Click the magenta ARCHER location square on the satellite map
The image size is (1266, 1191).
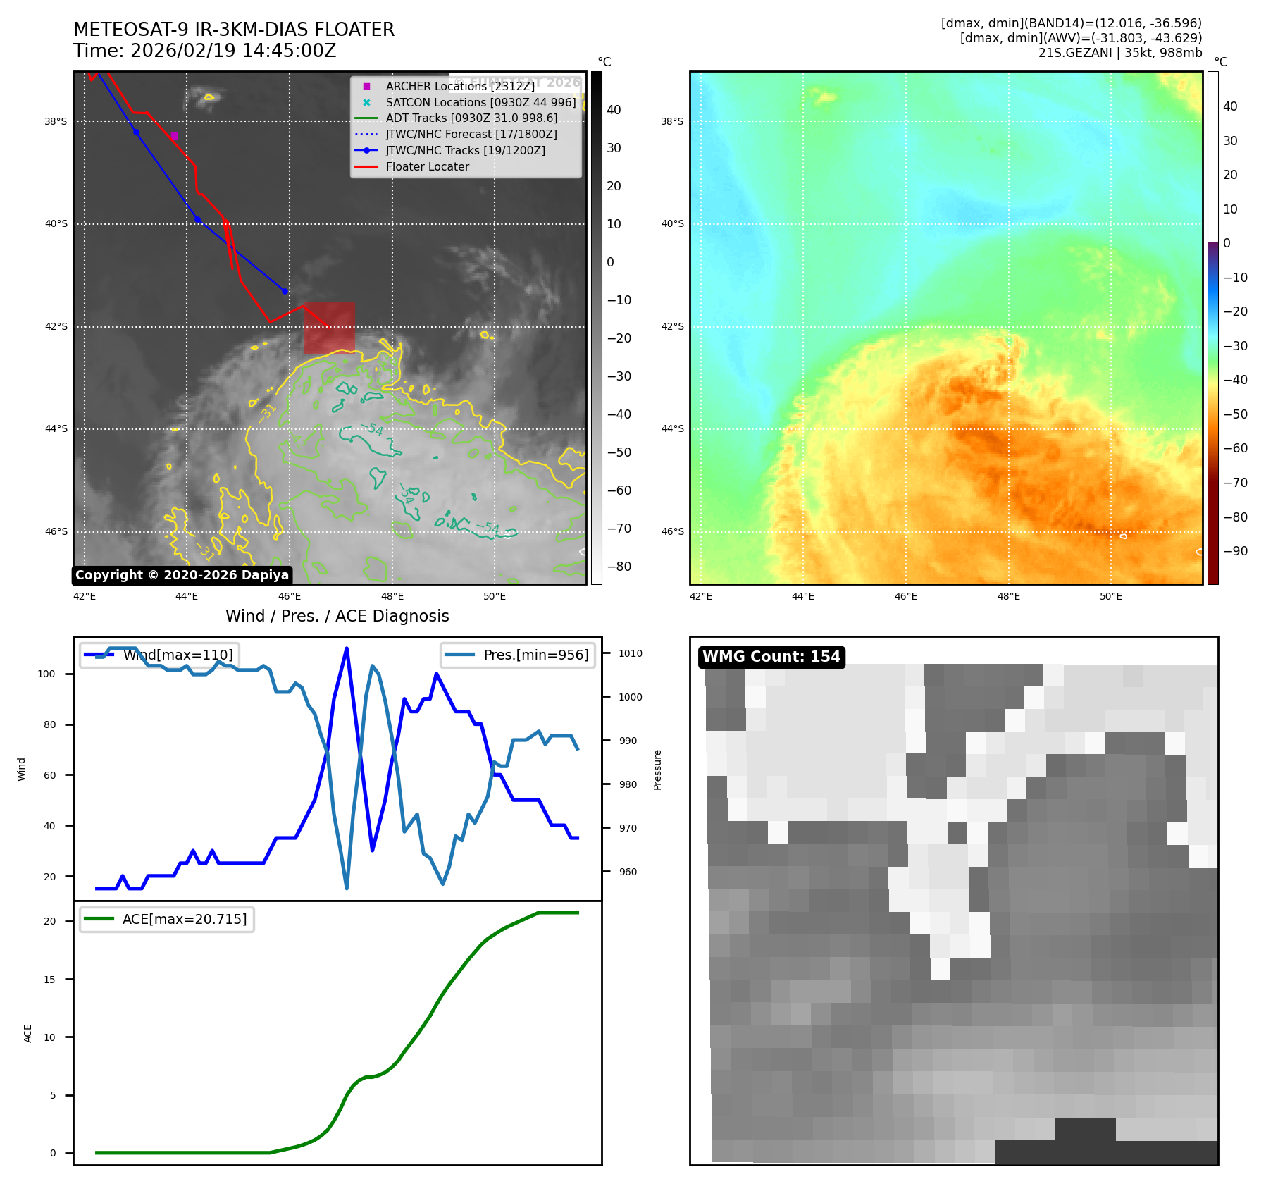coord(174,135)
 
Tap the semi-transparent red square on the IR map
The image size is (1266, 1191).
coord(329,328)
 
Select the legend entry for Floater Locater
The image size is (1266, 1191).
coord(427,167)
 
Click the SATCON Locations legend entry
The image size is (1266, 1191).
coord(480,102)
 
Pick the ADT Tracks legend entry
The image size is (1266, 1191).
coord(471,118)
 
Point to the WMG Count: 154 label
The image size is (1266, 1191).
coord(771,657)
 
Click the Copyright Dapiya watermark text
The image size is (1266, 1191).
coord(182,575)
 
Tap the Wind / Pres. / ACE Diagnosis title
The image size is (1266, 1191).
coord(337,616)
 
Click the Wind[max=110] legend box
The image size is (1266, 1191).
coord(159,655)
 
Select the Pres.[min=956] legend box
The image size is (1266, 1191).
coord(518,655)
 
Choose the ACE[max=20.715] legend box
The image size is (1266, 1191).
coord(167,920)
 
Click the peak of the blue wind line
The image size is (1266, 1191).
coord(347,648)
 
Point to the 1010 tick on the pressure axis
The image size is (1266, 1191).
coord(630,653)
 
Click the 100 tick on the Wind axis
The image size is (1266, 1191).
coord(46,674)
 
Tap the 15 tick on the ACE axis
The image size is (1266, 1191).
coord(49,980)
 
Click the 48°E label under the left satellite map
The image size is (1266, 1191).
coord(392,596)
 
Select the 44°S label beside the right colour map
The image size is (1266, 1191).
coord(672,428)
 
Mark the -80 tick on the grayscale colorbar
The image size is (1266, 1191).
coord(619,567)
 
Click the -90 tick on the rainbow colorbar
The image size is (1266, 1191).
coord(1235,551)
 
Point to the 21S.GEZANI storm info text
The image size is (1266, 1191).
coord(1119,53)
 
